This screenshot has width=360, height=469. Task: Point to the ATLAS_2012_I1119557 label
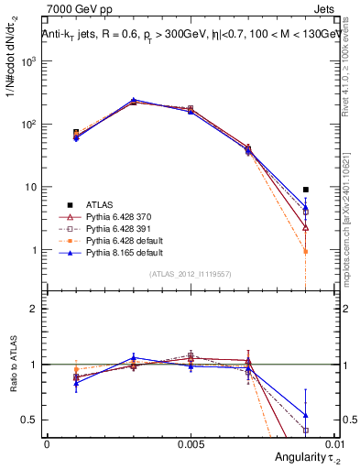coord(191,274)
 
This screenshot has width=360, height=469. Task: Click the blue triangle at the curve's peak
coord(133,100)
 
